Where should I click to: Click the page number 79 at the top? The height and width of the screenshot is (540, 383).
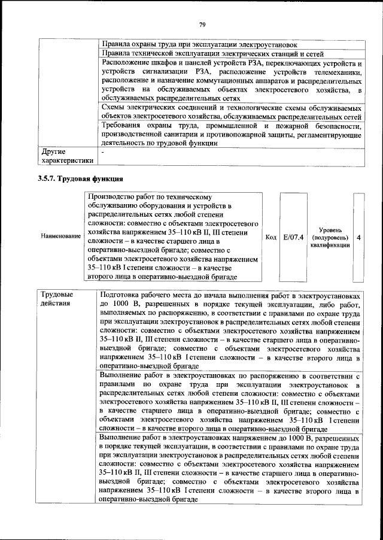pos(202,25)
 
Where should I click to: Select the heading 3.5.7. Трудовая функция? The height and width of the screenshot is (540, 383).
pos(80,178)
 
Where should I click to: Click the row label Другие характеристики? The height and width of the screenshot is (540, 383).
pos(66,156)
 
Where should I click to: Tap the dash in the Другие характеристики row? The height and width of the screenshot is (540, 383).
pos(103,152)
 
